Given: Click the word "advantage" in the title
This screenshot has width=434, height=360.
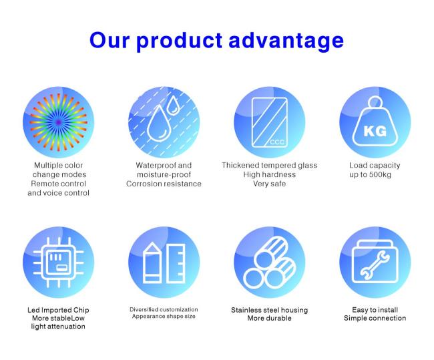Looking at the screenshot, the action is click(x=286, y=41).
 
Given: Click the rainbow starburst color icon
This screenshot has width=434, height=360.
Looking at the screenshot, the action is click(x=59, y=122).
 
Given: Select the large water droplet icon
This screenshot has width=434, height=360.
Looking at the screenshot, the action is click(x=158, y=124).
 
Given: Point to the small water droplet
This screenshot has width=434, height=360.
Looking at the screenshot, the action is click(x=174, y=105).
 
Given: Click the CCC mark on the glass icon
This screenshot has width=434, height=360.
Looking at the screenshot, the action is click(x=277, y=142).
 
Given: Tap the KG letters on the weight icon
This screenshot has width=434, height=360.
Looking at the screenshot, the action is click(x=375, y=131).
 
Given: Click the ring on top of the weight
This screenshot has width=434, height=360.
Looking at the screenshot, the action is click(x=375, y=102).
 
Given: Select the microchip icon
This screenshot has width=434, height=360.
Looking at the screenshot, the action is click(x=58, y=262).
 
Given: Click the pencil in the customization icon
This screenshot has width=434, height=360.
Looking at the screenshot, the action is click(x=152, y=262).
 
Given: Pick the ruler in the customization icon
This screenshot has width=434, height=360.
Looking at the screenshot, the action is click(x=176, y=263).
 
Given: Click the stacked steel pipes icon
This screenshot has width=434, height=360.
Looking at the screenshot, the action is click(x=270, y=263).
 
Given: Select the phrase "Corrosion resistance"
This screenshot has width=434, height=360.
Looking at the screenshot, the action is click(x=164, y=184).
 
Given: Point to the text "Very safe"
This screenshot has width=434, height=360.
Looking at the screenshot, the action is click(x=270, y=184).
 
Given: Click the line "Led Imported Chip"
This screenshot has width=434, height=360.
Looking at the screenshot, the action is click(x=58, y=310).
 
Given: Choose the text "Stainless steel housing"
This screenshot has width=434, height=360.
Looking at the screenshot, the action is click(x=270, y=310).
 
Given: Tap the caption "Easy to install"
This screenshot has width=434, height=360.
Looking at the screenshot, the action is click(x=375, y=310).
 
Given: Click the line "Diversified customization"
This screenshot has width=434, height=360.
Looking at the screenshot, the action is click(x=164, y=310).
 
